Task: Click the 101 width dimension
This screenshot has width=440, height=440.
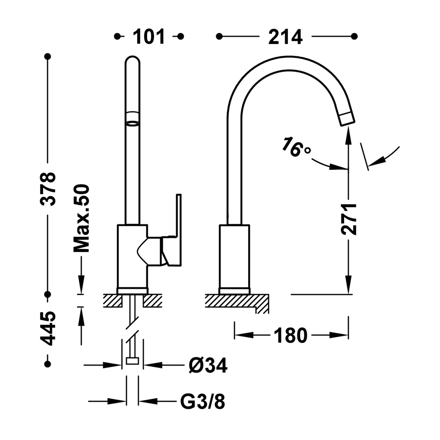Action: click(x=148, y=37)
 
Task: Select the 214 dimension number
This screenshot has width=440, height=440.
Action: click(x=286, y=37)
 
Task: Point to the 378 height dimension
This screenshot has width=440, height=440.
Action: click(x=48, y=189)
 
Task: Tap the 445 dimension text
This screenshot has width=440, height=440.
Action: click(x=48, y=328)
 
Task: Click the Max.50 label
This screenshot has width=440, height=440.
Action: click(x=81, y=218)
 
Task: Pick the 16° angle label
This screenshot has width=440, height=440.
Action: click(x=296, y=147)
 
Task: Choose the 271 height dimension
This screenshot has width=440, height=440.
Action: click(x=349, y=219)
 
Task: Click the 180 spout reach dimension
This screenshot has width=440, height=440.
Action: click(x=290, y=335)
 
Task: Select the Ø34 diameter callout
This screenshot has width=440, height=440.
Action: click(x=208, y=366)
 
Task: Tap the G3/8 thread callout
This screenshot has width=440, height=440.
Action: click(x=202, y=402)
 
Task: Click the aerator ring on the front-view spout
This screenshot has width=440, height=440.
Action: click(x=132, y=123)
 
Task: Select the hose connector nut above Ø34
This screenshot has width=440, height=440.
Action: click(x=132, y=361)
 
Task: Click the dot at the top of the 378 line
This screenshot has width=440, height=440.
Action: click(x=48, y=56)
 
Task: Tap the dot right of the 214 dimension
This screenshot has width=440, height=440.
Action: click(x=354, y=36)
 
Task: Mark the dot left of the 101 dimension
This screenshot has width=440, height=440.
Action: click(x=117, y=36)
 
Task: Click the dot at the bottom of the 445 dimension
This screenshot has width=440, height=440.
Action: click(x=48, y=364)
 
